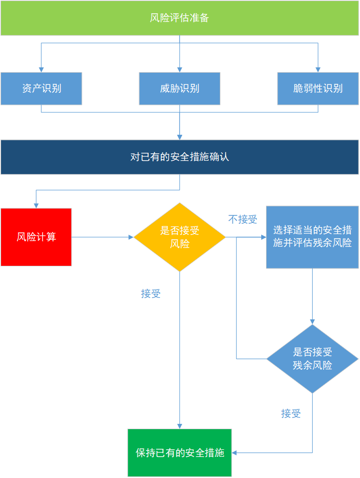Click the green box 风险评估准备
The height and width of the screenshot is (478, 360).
[x=179, y=18]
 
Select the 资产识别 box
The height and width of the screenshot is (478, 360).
[x=41, y=89]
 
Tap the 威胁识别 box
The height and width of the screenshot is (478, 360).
[x=179, y=89]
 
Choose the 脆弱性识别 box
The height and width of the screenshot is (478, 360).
[x=318, y=89]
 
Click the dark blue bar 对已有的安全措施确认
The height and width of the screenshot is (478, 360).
[x=179, y=157]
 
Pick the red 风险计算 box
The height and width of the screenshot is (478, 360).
[x=36, y=237]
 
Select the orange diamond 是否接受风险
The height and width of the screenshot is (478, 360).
[x=179, y=237]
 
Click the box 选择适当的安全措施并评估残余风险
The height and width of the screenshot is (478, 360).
[x=312, y=237]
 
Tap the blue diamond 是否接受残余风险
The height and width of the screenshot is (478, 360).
[x=312, y=359]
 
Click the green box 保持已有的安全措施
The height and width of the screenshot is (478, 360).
[x=179, y=453]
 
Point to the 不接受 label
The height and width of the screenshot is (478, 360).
[x=243, y=220]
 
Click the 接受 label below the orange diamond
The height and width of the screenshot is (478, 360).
[x=151, y=294]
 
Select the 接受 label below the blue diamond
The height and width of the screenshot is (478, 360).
[x=291, y=414]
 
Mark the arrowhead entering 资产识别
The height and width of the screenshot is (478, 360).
[x=41, y=69]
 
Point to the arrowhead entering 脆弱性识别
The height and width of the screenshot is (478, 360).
[x=318, y=69]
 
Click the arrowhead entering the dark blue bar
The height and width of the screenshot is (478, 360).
[x=179, y=137]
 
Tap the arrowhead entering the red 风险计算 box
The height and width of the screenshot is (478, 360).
[x=36, y=205]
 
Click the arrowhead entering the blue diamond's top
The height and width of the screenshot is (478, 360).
[x=312, y=321]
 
